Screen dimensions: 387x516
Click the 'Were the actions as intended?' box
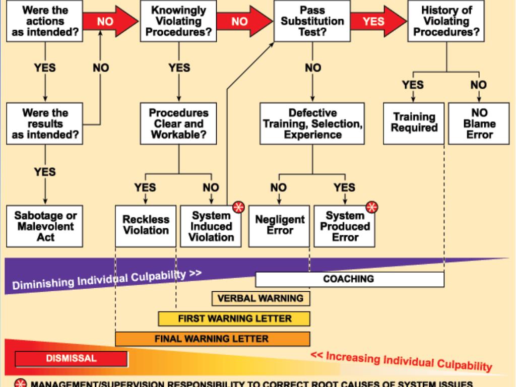[x=45, y=21]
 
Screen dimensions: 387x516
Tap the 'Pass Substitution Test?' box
[x=312, y=21]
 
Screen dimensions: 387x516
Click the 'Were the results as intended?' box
[x=45, y=123]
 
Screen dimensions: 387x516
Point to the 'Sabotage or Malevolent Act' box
[x=45, y=225]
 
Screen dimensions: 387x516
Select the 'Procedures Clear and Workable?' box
[x=179, y=123]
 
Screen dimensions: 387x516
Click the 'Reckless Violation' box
[x=146, y=225]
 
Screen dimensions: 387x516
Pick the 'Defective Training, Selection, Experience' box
[x=312, y=123]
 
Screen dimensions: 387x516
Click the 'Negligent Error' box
[x=280, y=225]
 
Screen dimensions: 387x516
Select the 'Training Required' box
[x=414, y=123]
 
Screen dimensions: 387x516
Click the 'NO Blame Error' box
[x=479, y=123]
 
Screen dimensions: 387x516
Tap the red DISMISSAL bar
[x=71, y=358]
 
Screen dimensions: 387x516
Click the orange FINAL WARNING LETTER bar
[x=212, y=339]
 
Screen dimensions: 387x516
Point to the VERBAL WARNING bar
[x=260, y=298]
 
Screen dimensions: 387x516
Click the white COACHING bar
[x=350, y=279]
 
